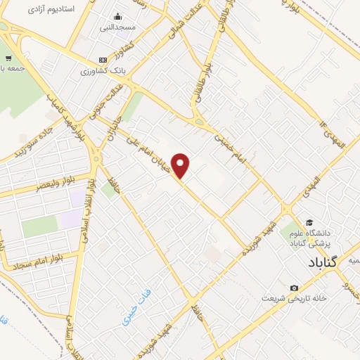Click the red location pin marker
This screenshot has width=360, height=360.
coord(181,166)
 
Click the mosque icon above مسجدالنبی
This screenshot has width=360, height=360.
coord(117,17)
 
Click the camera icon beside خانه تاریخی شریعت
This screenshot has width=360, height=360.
coord(294,287)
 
